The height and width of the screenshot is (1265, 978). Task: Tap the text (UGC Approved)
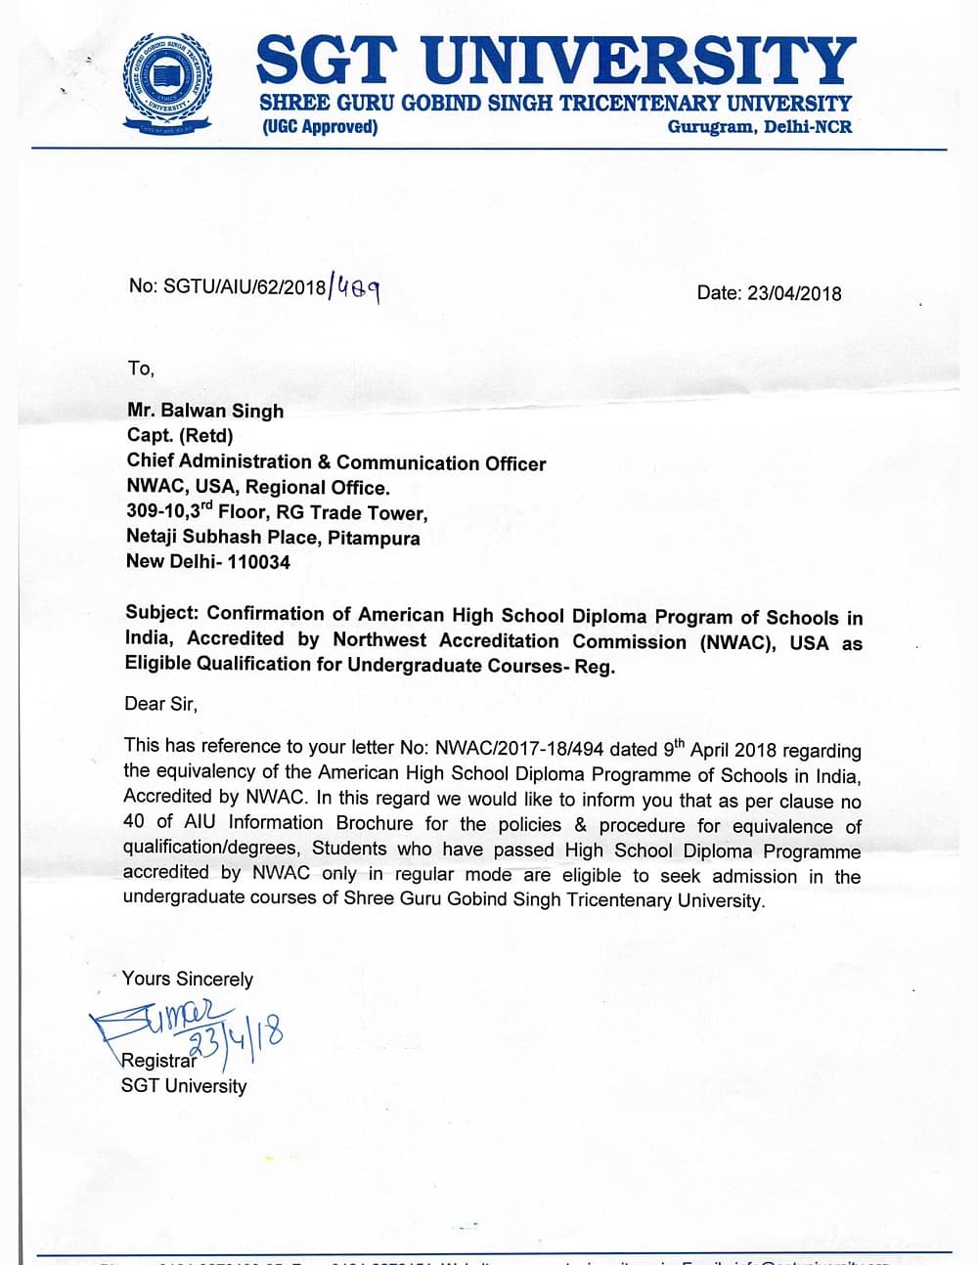pos(319,127)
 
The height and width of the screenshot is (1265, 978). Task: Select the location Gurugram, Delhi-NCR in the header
pos(759,127)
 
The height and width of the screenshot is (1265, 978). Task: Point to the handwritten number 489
pos(358,287)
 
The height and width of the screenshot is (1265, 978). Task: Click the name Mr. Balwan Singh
pos(205,411)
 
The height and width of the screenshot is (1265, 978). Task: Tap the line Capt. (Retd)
pos(180,436)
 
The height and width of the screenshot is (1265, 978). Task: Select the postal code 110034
pos(258,562)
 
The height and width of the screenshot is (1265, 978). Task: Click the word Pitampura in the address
pos(374,538)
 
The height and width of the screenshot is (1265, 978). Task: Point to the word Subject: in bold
pos(162,614)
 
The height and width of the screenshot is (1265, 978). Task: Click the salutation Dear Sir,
pos(160,703)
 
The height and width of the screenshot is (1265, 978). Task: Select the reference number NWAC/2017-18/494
pos(519,749)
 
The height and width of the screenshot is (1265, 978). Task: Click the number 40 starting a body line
pos(136,823)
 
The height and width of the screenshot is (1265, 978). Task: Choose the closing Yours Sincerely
pos(188,979)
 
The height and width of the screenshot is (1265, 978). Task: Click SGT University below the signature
pos(184,1085)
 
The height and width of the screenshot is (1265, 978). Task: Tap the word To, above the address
pos(140,369)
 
